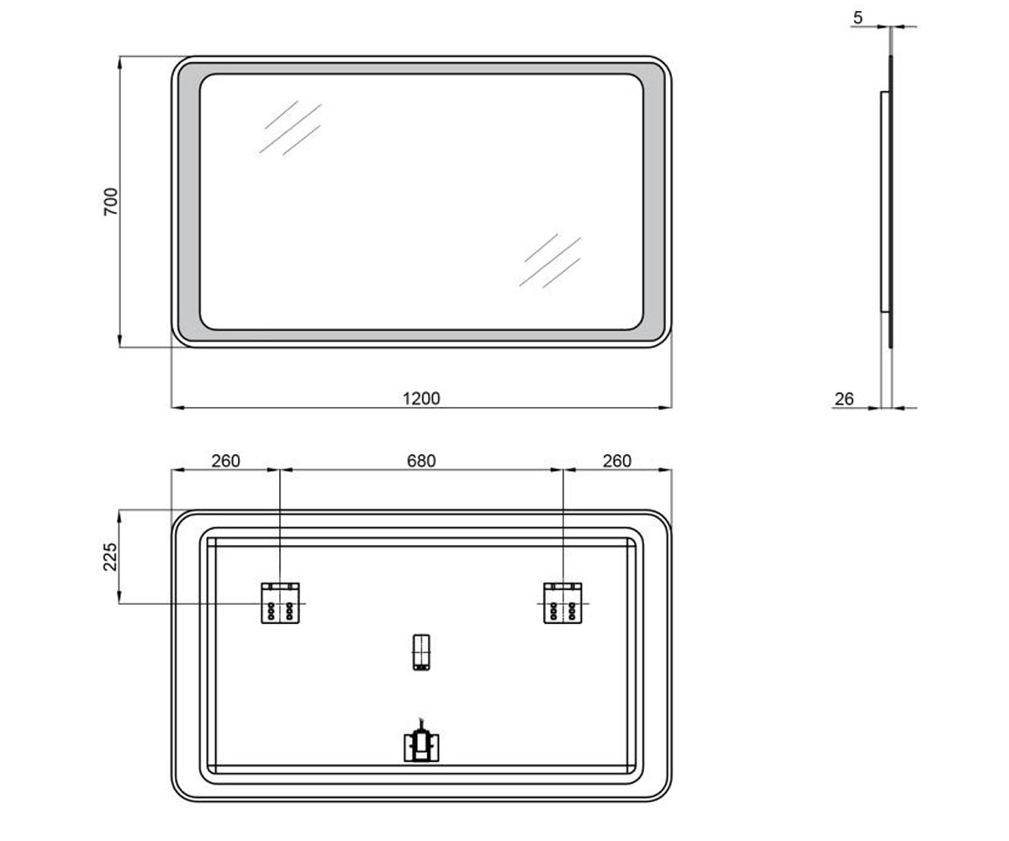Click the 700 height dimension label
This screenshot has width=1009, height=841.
pyautogui.click(x=111, y=202)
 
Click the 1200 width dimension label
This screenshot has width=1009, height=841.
pyautogui.click(x=421, y=399)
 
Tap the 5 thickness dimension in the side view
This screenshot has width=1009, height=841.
pyautogui.click(x=858, y=18)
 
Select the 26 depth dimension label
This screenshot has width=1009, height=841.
pyautogui.click(x=844, y=399)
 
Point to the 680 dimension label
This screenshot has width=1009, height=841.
pyautogui.click(x=421, y=461)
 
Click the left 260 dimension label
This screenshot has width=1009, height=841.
pyautogui.click(x=225, y=461)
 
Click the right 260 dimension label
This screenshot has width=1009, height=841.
pyautogui.click(x=617, y=461)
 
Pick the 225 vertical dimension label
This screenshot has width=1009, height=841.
pyautogui.click(x=111, y=557)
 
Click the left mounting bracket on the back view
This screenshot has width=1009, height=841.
pyautogui.click(x=280, y=603)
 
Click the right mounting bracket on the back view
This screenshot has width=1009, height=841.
pyautogui.click(x=563, y=603)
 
